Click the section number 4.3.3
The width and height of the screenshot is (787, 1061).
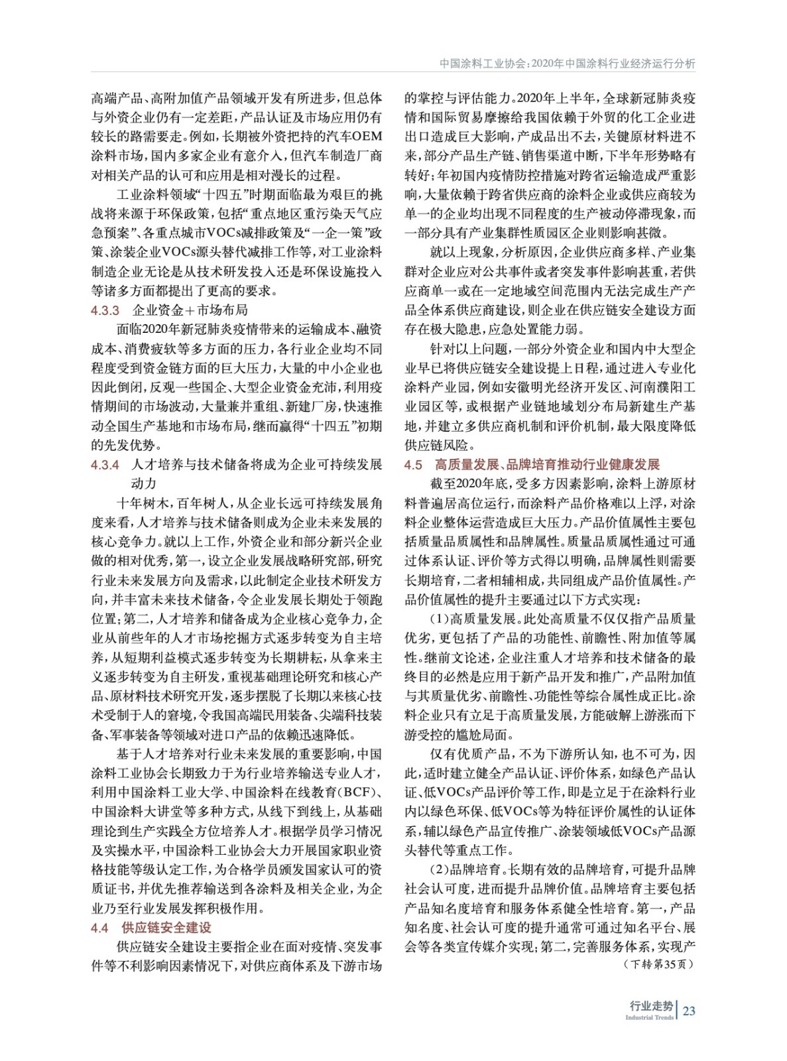[105, 310]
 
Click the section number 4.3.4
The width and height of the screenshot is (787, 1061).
[105, 465]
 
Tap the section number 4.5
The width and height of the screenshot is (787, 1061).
[413, 465]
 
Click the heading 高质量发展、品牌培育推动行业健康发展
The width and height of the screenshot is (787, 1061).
[547, 465]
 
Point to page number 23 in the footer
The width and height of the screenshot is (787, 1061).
[689, 1011]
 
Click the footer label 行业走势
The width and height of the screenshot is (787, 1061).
[651, 1006]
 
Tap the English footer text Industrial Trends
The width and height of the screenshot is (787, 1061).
[649, 1017]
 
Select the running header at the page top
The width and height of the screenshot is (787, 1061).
[567, 64]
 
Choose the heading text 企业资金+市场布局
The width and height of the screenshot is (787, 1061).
[190, 310]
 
